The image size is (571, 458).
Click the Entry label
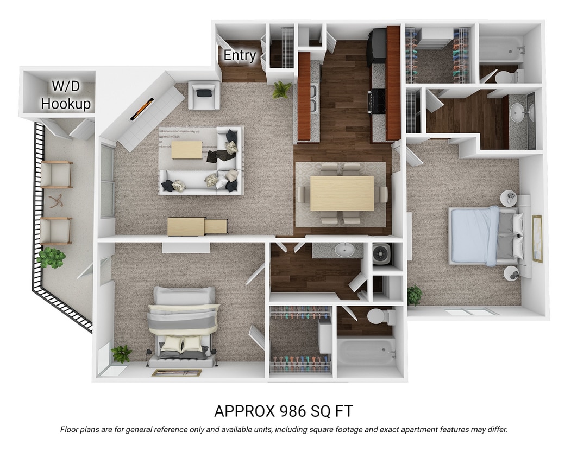[x=240, y=55]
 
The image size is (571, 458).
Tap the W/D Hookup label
[x=66, y=95]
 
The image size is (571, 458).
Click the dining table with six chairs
[x=341, y=193]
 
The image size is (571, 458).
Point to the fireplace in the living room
[x=142, y=110]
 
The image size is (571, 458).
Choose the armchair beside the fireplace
[x=204, y=96]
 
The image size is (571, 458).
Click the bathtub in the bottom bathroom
[x=366, y=351]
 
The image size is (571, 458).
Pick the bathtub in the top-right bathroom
[x=500, y=49]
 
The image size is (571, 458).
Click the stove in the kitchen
[x=377, y=101]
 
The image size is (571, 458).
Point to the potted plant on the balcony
[x=52, y=257]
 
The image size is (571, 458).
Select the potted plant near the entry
[x=281, y=90]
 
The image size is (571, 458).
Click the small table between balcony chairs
[x=55, y=201]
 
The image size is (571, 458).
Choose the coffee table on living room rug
[x=186, y=150]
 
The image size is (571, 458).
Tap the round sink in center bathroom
[x=344, y=250]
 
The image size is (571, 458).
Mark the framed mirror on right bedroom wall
[x=537, y=238]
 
